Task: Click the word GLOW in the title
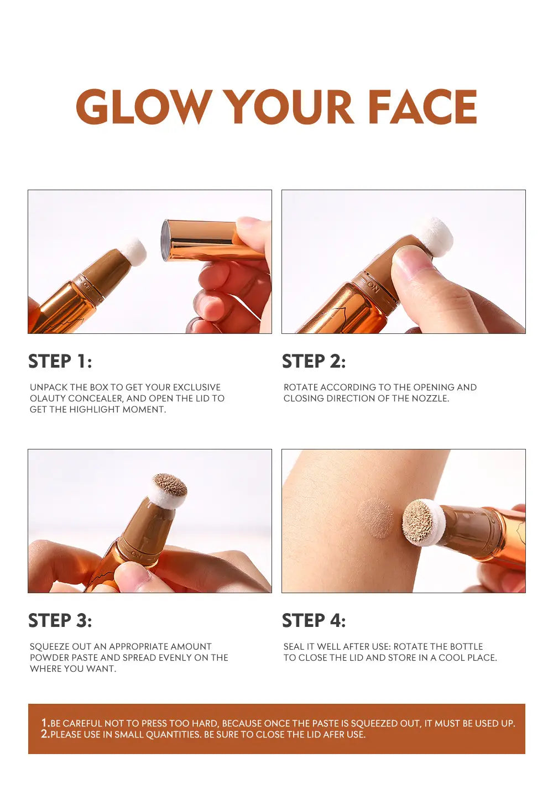[x=144, y=106]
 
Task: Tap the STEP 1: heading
[x=60, y=361]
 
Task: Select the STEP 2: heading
[x=314, y=361]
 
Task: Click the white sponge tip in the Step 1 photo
[x=133, y=252]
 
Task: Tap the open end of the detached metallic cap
[x=165, y=240]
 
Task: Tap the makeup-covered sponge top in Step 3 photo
[x=170, y=485]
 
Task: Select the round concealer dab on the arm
[x=375, y=517]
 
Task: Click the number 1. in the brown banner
[x=46, y=723]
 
